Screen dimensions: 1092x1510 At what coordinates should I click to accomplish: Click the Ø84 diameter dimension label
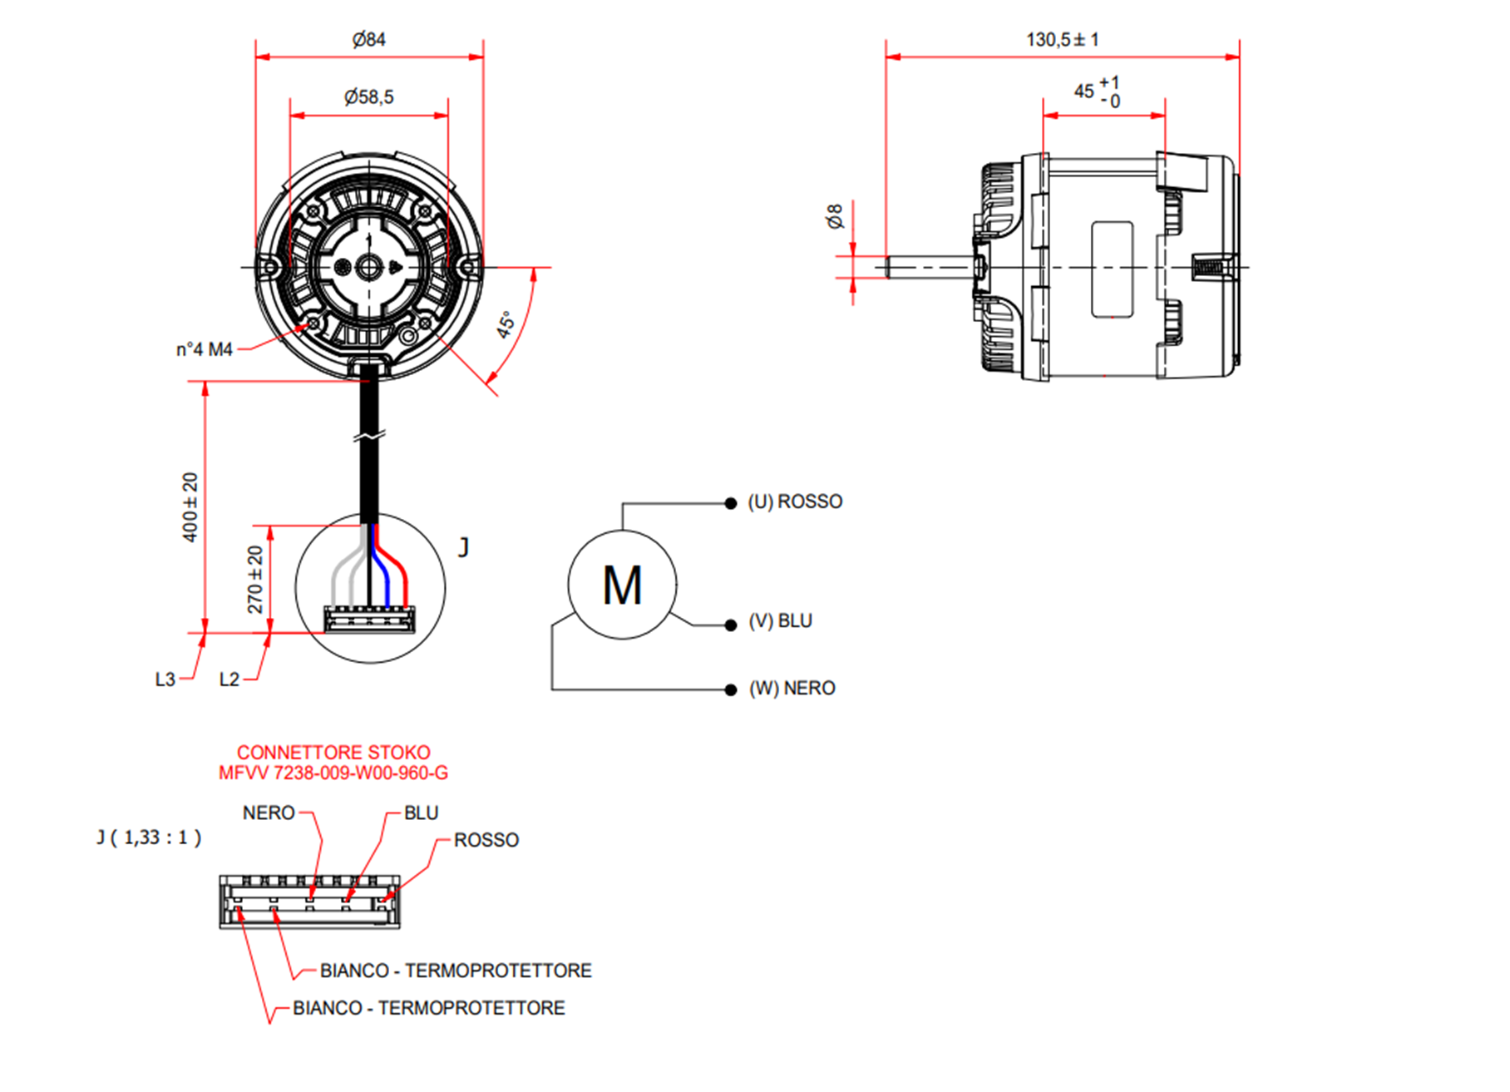(x=368, y=39)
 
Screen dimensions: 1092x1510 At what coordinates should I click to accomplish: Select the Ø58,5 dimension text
(x=368, y=96)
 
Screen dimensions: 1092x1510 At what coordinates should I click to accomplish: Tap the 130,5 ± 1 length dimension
(x=1062, y=39)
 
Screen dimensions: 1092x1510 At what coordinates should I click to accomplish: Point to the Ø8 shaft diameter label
(x=834, y=215)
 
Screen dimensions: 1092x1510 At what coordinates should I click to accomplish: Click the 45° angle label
(x=506, y=324)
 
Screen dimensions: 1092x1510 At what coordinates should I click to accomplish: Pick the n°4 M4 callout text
(x=204, y=349)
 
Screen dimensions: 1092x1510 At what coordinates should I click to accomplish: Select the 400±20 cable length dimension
(x=190, y=507)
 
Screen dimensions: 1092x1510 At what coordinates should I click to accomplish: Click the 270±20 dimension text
(x=255, y=579)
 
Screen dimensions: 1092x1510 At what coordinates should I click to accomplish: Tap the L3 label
(x=165, y=679)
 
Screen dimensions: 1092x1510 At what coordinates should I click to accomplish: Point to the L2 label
(x=229, y=679)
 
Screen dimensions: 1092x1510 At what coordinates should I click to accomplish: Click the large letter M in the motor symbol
(x=622, y=586)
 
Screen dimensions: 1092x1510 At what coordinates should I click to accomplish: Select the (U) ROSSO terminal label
(x=795, y=502)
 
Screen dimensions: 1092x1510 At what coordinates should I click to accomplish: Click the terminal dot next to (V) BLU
(x=731, y=625)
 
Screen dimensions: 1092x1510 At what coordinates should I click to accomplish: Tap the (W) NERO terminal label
(x=792, y=689)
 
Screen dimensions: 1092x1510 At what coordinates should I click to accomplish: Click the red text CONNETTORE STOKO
(x=333, y=752)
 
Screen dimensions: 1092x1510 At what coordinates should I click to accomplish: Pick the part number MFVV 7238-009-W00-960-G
(x=333, y=773)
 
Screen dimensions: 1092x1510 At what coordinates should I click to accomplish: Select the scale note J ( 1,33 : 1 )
(x=149, y=838)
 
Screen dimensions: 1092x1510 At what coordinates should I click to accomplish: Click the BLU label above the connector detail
(x=421, y=813)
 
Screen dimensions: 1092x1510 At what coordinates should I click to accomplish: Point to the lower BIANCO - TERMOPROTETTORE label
(x=429, y=1008)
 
